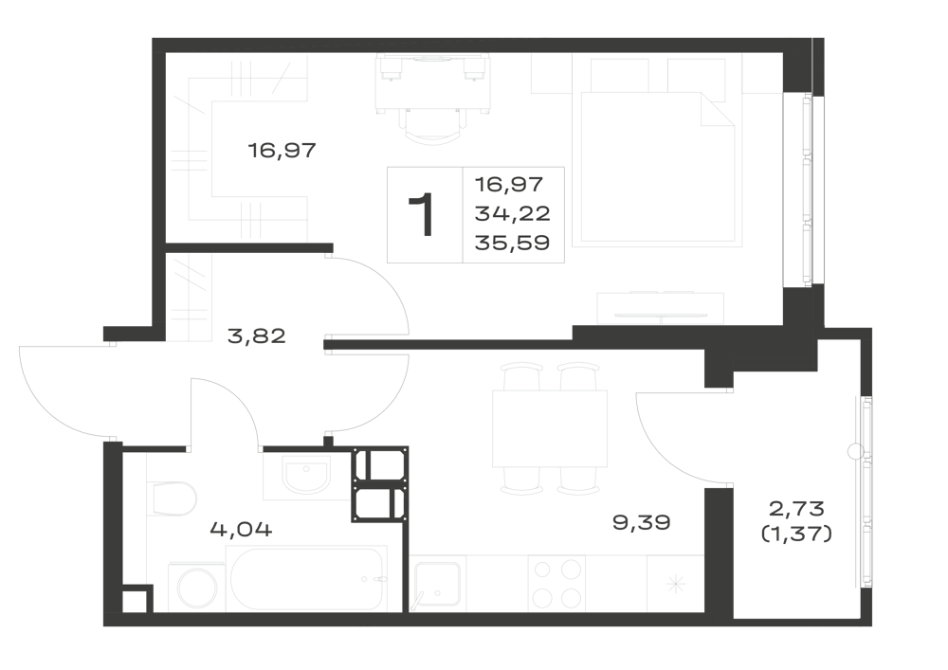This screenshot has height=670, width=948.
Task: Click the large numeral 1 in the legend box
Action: coord(422,214)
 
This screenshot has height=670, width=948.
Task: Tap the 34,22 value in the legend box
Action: coord(513,213)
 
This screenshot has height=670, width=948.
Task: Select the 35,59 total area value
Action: coord(513,243)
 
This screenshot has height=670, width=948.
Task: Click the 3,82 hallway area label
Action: coord(256,335)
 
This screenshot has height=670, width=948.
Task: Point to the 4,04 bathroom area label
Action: coord(241,530)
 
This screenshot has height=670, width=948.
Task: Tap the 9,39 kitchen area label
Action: coord(642,522)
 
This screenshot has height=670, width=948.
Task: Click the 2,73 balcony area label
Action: coord(796,509)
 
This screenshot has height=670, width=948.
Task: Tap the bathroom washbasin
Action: coord(307,477)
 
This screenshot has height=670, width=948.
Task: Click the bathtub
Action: coord(306,579)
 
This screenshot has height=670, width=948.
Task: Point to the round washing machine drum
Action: coord(196,588)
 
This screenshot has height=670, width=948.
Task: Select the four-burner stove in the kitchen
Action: coord(556,584)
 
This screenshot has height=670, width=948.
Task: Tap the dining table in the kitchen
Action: coord(550,428)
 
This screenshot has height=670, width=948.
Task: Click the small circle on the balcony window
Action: coord(855,450)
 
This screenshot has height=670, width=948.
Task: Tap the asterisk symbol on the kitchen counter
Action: coord(674,584)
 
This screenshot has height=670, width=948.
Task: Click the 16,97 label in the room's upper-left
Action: coord(283,150)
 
